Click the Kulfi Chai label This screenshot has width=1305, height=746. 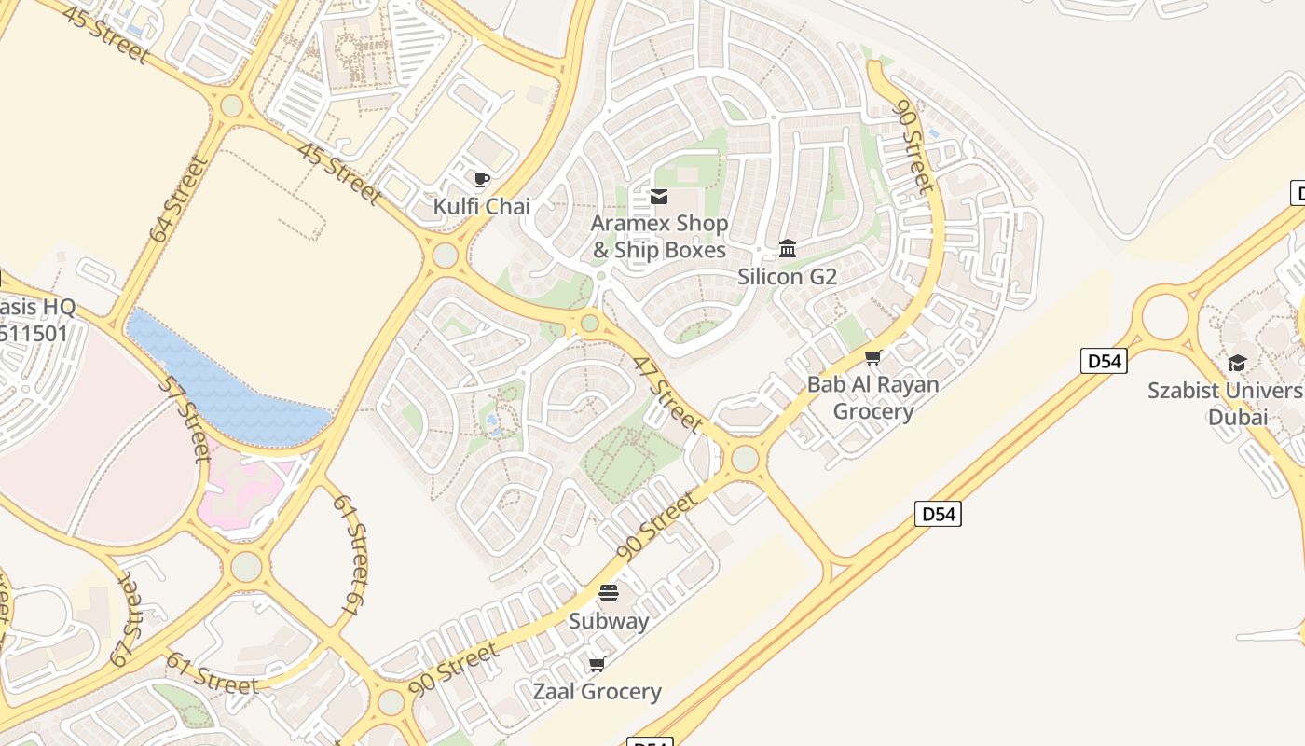pyautogui.click(x=482, y=206)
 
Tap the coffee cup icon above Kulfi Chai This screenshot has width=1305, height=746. pyautogui.click(x=481, y=179)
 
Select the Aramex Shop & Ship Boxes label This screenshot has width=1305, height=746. pyautogui.click(x=659, y=237)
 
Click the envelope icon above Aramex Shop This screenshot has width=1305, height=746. pyautogui.click(x=659, y=197)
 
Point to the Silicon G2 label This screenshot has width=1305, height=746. pyautogui.click(x=787, y=277)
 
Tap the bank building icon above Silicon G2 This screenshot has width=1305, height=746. pyautogui.click(x=788, y=248)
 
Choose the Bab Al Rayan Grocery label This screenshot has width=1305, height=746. pyautogui.click(x=872, y=397)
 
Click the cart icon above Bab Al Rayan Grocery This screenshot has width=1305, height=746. pyautogui.click(x=873, y=357)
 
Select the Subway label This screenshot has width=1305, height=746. pyautogui.click(x=609, y=620)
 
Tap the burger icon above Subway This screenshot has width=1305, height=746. pyautogui.click(x=609, y=592)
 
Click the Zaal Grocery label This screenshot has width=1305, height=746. pyautogui.click(x=597, y=691)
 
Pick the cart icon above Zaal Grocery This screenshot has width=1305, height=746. pyautogui.click(x=597, y=664)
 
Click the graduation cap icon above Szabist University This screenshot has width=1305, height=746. pyautogui.click(x=1237, y=363)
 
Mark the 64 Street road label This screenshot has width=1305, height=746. pyautogui.click(x=177, y=200)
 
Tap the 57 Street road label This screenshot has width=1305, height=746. pyautogui.click(x=185, y=419)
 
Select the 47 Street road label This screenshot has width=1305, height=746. pyautogui.click(x=667, y=394)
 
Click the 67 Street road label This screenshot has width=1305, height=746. pyautogui.click(x=128, y=621)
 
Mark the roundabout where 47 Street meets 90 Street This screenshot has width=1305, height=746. pyautogui.click(x=745, y=459)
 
